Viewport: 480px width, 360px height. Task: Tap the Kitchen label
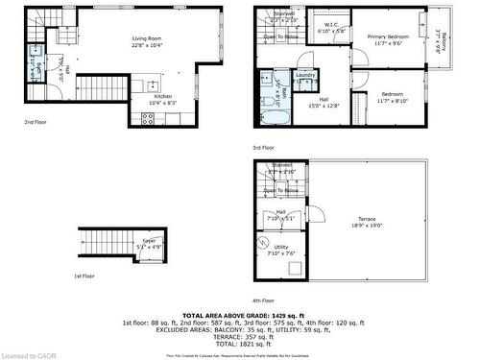pos(162,97)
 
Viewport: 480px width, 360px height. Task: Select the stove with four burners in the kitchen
pos(147,119)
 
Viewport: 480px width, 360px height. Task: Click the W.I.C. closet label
pos(330,26)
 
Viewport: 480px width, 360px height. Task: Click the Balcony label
pos(442,44)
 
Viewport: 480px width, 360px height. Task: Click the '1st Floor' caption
pos(84,276)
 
